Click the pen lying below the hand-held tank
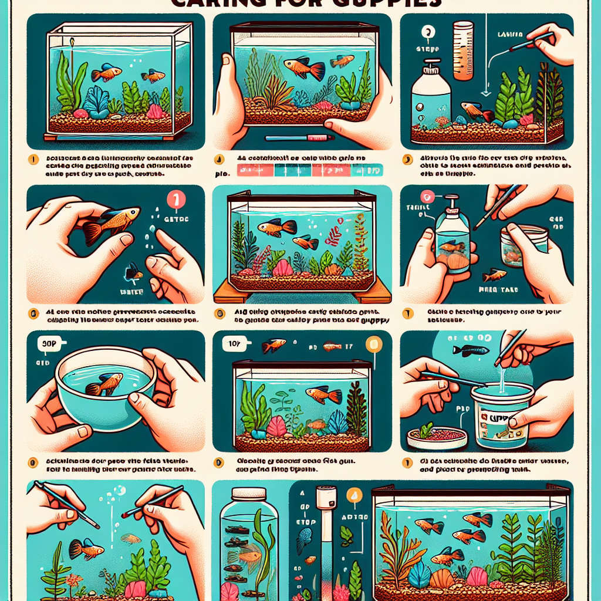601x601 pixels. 299,139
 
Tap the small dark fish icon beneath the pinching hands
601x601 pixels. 134,272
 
